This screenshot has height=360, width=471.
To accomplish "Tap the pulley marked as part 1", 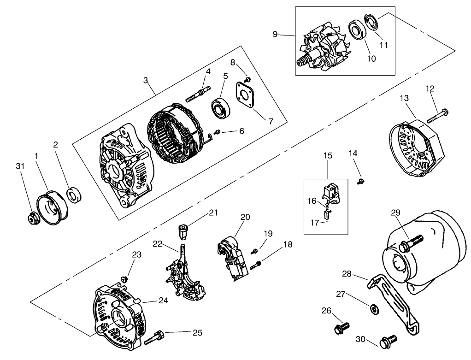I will click(x=52, y=210).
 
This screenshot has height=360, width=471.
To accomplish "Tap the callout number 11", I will click(x=383, y=45).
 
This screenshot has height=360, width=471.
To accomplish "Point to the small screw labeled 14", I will click(x=361, y=181).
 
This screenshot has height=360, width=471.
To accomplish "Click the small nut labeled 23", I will click(x=124, y=279).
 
